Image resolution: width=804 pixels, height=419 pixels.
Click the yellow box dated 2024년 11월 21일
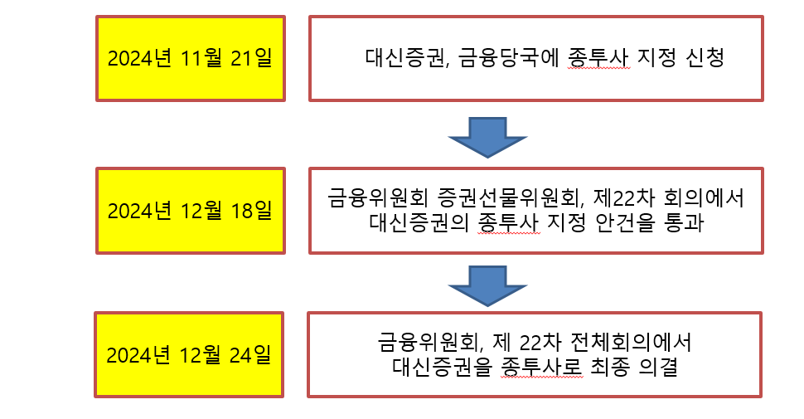coord(191,58)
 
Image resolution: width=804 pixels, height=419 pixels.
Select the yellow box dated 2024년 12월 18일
coord(191,210)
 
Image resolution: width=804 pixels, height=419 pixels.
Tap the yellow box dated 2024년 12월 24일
coord(189,354)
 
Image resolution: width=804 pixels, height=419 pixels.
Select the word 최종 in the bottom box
coord(600,366)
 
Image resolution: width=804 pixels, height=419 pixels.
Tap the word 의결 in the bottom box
coord(655,366)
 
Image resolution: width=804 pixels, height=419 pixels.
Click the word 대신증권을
coord(439,366)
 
